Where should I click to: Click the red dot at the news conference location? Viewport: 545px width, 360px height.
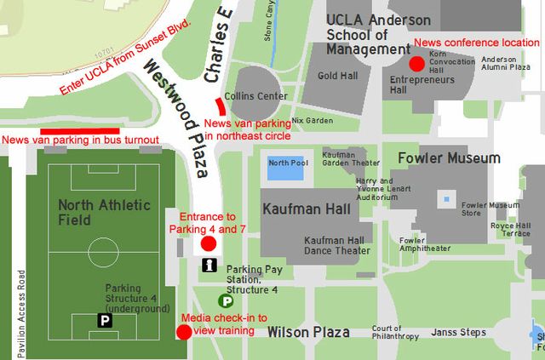coord(417,64)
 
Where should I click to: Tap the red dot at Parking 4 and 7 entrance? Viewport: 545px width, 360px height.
coord(208,244)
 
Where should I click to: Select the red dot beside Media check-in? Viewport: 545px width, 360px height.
coord(183,332)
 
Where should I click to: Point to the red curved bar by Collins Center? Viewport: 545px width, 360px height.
coord(221,106)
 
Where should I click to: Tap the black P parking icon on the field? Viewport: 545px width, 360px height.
coord(105,321)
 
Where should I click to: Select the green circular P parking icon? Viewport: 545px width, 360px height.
coord(227,300)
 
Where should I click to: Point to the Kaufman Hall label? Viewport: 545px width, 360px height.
coord(301,209)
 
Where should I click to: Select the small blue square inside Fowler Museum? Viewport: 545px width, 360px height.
coord(445,201)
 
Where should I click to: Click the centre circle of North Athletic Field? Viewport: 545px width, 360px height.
coord(103,251)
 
